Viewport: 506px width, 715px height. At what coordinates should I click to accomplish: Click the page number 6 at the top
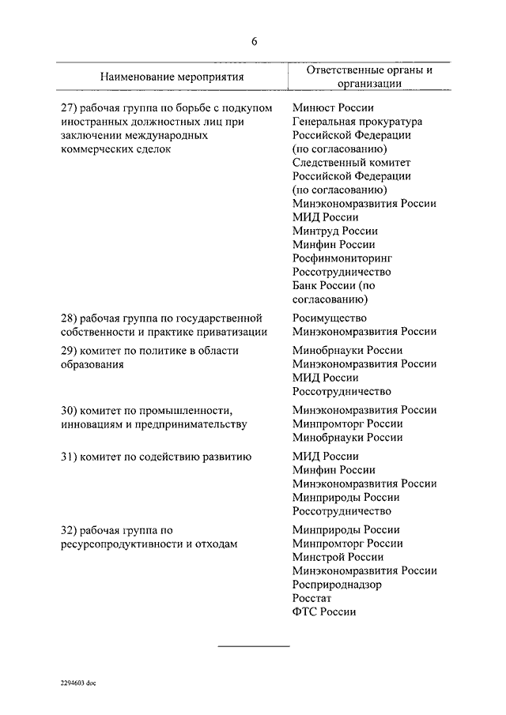tap(254, 42)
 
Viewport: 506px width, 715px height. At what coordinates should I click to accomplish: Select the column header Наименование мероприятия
tap(172, 77)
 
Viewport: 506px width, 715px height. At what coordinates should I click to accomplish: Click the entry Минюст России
tap(332, 108)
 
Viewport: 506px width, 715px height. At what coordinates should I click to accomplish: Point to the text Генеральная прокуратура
tap(357, 122)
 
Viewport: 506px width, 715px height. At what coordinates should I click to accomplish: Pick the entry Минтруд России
tap(334, 231)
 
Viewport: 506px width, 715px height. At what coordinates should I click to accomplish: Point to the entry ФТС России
tap(323, 612)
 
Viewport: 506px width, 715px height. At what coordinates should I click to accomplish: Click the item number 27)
tap(70, 108)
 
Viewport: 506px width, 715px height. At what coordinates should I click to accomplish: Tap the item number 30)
tap(70, 410)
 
